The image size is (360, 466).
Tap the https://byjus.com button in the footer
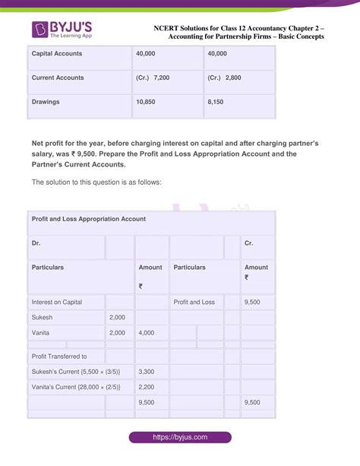click(x=179, y=438)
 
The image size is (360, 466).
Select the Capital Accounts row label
click(x=57, y=53)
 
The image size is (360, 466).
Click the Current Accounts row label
click(x=58, y=78)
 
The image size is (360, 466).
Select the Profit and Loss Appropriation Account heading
click(x=88, y=219)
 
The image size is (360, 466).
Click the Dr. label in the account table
click(x=36, y=243)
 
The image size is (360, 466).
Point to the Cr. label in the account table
click(x=248, y=243)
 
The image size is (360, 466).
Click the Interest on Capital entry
click(x=57, y=303)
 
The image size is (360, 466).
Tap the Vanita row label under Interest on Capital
click(x=43, y=333)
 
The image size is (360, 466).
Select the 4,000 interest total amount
click(x=147, y=333)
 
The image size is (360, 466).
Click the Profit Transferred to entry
click(x=59, y=356)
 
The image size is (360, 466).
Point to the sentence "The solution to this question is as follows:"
click(x=96, y=182)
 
